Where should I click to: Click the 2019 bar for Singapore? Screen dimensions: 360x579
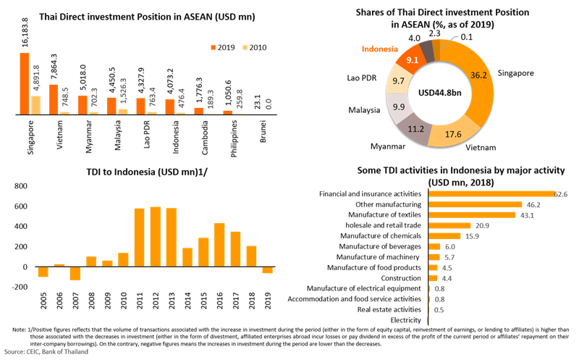point(25,83)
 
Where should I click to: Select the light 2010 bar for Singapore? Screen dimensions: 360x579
point(35,104)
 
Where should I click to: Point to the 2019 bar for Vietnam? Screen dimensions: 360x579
point(54,99)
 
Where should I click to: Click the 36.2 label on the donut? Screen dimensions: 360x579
point(476,73)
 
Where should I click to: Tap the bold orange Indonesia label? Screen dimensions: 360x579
point(379,49)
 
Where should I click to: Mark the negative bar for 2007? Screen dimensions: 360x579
point(76,273)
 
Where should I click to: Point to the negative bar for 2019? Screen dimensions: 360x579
point(267,270)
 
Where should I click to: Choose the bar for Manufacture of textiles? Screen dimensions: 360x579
point(473,215)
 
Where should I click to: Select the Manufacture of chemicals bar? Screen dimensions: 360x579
point(445,236)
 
